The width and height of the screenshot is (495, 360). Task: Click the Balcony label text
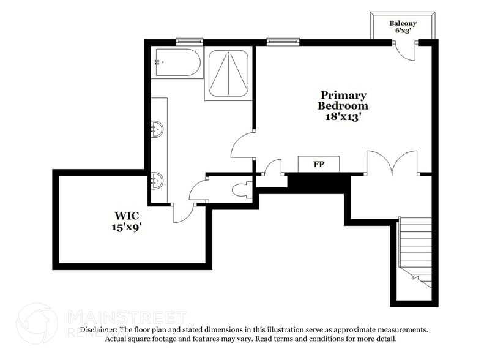(x=403, y=24)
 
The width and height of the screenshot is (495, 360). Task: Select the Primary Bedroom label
(x=343, y=100)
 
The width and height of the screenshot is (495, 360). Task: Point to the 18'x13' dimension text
(x=343, y=116)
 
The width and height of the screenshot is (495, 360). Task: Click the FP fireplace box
(x=318, y=164)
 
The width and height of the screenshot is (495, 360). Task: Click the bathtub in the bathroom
(x=177, y=63)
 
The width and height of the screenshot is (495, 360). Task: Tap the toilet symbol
(x=241, y=189)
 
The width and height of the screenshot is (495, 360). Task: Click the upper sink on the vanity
(x=158, y=129)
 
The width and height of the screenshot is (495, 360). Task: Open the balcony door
(x=404, y=51)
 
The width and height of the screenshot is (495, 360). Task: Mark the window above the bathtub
(x=190, y=41)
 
